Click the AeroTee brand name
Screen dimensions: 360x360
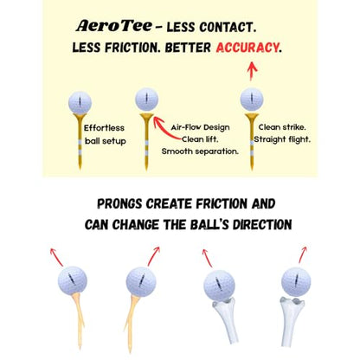point(114,26)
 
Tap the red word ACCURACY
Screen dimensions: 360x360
point(247,48)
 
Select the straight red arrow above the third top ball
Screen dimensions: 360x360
point(252,71)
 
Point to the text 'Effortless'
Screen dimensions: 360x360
point(104,128)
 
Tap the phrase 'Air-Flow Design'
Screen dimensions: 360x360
point(200,127)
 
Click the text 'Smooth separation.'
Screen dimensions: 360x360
point(200,151)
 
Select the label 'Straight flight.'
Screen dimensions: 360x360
point(282,139)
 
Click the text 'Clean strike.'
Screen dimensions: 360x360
point(282,127)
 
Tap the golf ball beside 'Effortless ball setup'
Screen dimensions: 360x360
point(80,102)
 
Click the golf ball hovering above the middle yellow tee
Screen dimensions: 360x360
point(146,100)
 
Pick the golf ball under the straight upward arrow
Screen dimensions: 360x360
point(252,100)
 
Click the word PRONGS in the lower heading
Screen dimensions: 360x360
point(119,204)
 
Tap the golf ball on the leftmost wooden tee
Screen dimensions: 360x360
point(73,280)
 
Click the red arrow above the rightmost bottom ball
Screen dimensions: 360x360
point(303,254)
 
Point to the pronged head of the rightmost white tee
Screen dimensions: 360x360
point(292,302)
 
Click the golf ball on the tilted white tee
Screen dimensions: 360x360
point(219,286)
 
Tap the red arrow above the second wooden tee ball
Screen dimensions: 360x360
point(154,256)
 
